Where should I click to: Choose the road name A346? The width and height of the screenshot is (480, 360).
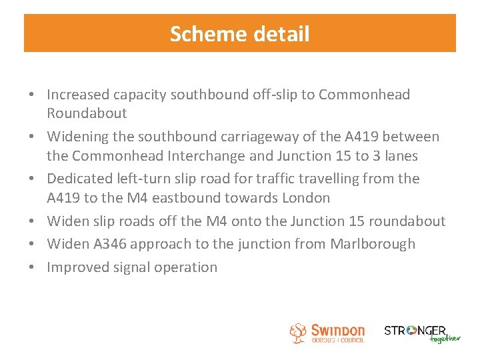[109, 243]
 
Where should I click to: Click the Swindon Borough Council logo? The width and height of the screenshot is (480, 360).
[327, 333]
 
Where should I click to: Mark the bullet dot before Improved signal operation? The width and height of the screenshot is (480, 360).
[34, 267]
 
